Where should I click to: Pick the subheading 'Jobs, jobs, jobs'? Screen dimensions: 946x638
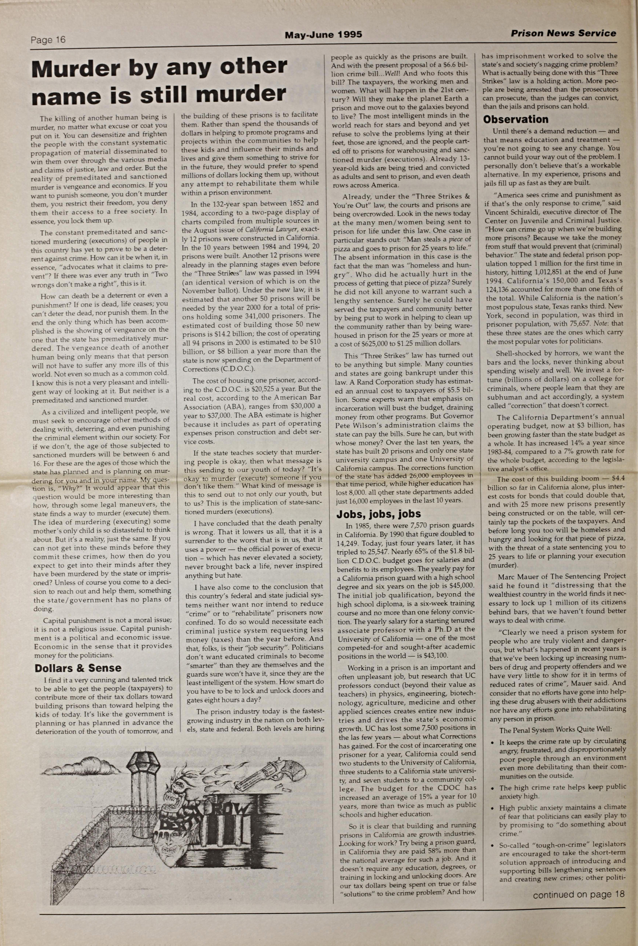[378, 514]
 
